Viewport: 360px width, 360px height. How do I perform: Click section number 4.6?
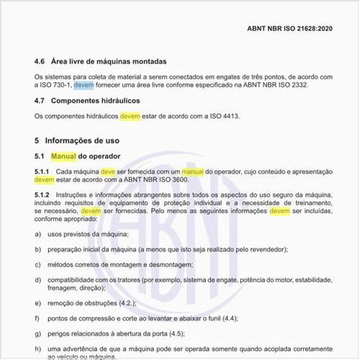point(41,61)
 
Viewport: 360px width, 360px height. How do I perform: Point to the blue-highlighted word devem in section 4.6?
point(84,85)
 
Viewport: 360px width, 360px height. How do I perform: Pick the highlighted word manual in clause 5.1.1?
point(192,172)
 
